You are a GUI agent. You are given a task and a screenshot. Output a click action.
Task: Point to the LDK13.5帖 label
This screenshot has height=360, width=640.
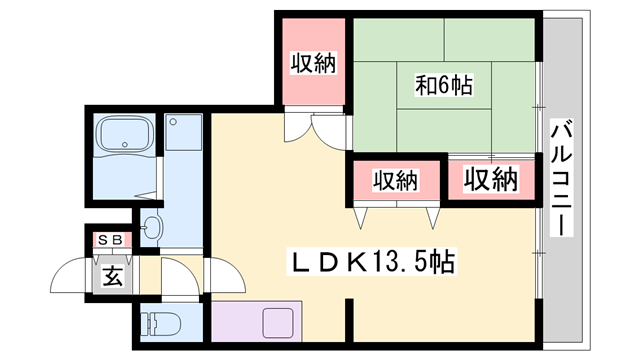[372, 262]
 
